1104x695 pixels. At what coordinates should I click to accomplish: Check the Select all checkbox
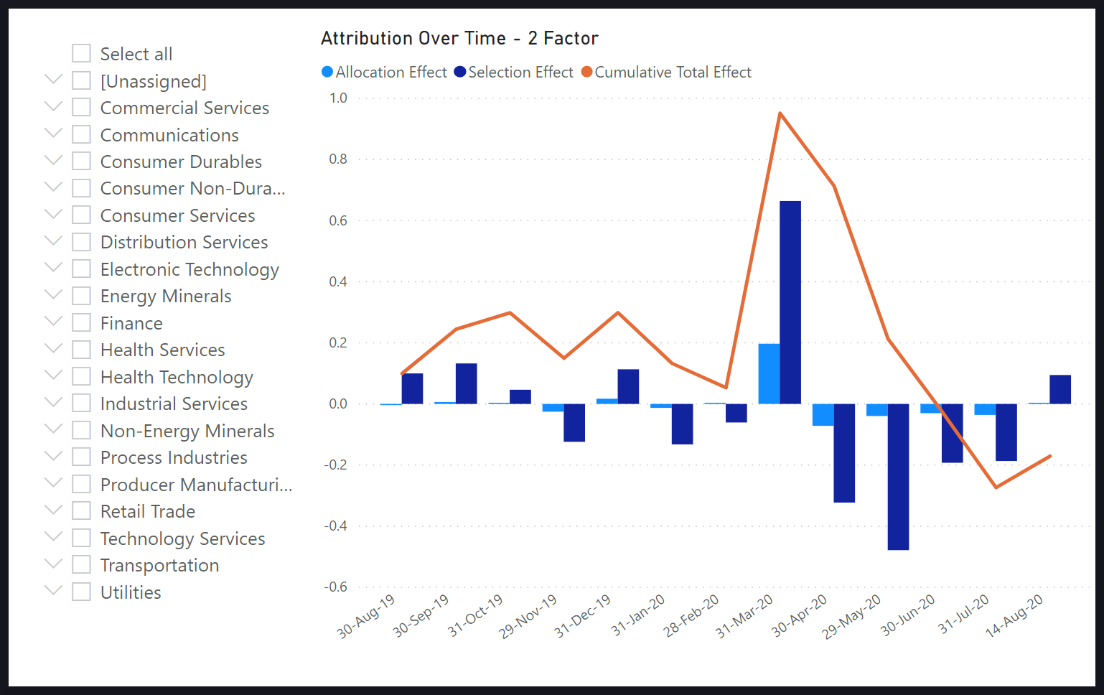(82, 54)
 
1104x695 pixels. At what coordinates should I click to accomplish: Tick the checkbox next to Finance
(82, 323)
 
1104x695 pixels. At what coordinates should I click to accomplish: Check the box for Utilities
(82, 592)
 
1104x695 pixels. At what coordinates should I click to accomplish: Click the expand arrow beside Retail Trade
(53, 510)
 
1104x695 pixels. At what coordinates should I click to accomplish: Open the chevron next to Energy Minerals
(53, 295)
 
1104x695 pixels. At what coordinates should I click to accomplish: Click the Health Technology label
(177, 377)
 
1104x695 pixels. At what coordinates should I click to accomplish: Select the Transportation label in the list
(159, 566)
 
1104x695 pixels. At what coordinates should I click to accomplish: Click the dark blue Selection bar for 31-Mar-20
(790, 302)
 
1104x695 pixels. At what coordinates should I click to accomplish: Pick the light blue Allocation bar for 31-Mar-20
(769, 373)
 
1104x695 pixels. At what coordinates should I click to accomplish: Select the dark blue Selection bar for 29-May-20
(898, 477)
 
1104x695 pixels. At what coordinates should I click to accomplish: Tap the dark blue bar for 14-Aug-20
(1060, 389)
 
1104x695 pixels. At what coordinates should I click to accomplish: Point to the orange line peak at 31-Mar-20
(780, 113)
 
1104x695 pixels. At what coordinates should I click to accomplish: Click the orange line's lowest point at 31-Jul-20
(996, 488)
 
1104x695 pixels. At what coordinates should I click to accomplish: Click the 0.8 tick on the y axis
(338, 159)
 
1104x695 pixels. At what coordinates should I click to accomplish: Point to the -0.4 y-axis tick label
(335, 526)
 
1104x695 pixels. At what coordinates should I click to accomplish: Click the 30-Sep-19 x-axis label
(421, 615)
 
